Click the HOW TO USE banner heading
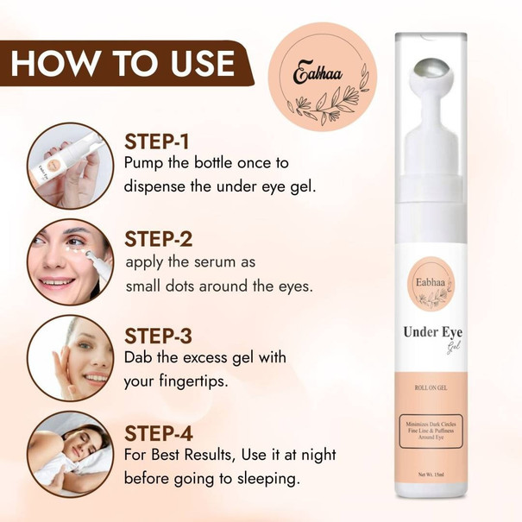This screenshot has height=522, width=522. [x=123, y=64]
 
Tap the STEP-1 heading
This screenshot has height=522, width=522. [x=157, y=142]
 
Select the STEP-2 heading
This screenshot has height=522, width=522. [x=159, y=239]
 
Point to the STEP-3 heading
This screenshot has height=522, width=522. [x=159, y=336]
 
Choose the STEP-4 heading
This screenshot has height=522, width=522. [x=159, y=433]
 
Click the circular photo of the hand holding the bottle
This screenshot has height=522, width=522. [x=70, y=166]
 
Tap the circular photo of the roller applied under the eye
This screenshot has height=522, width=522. [x=70, y=261]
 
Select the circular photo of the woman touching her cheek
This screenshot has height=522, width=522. [x=70, y=358]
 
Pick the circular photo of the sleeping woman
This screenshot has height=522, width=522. [x=70, y=454]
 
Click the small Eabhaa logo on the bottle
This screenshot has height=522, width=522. [x=431, y=283]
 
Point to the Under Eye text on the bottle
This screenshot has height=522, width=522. [x=433, y=332]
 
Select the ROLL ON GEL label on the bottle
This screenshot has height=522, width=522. [x=431, y=387]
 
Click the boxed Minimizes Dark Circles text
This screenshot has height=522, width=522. [x=431, y=431]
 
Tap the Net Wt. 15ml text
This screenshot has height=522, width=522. [x=431, y=475]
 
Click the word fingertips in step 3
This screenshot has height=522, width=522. [x=193, y=381]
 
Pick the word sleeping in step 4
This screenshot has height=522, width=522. [x=267, y=479]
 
